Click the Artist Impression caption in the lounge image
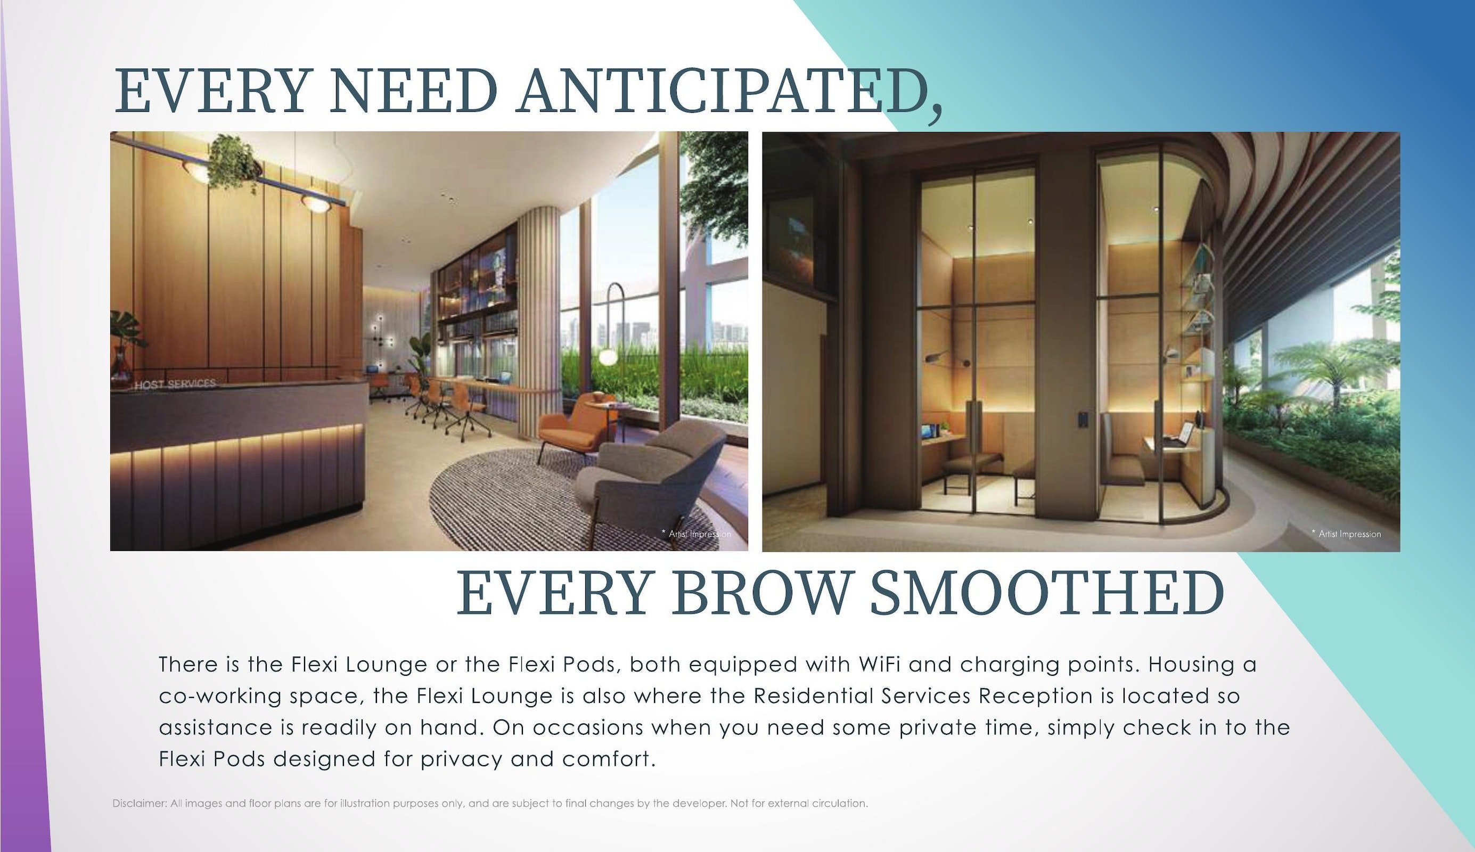tap(696, 534)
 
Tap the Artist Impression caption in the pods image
tap(1346, 534)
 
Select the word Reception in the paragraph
tap(1036, 697)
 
